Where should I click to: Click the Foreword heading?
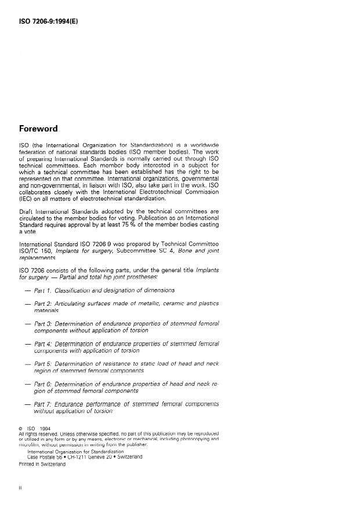(x=38, y=128)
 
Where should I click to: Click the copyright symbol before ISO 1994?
(x=21, y=429)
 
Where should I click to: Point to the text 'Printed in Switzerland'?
(x=42, y=463)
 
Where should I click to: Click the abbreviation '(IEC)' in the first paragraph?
(x=27, y=199)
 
